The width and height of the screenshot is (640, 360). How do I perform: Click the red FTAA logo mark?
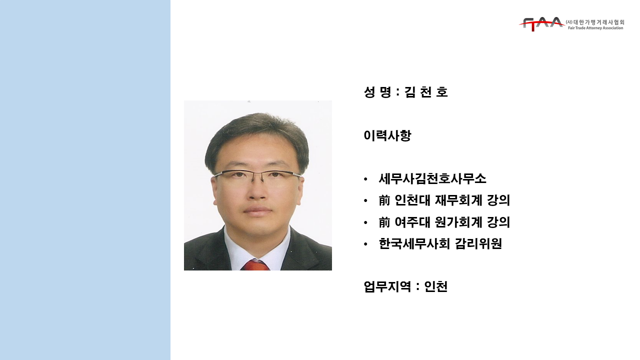coord(541,24)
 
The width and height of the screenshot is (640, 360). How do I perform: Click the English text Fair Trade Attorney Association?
coord(595,28)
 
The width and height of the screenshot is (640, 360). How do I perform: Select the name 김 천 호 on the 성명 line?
coord(426,92)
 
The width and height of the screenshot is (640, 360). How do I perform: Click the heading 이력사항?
coord(387,135)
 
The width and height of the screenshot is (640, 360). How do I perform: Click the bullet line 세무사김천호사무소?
coord(432,179)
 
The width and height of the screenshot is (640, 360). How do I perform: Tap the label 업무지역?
coord(387,286)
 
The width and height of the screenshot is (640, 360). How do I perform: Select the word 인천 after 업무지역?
coord(436,286)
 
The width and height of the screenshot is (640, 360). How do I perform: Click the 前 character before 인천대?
coord(384,200)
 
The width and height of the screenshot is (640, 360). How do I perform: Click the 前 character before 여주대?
coord(384,222)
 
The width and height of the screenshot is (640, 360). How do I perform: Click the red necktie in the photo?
coord(255,265)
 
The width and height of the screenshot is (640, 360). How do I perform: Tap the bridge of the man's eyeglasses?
coord(257,173)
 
